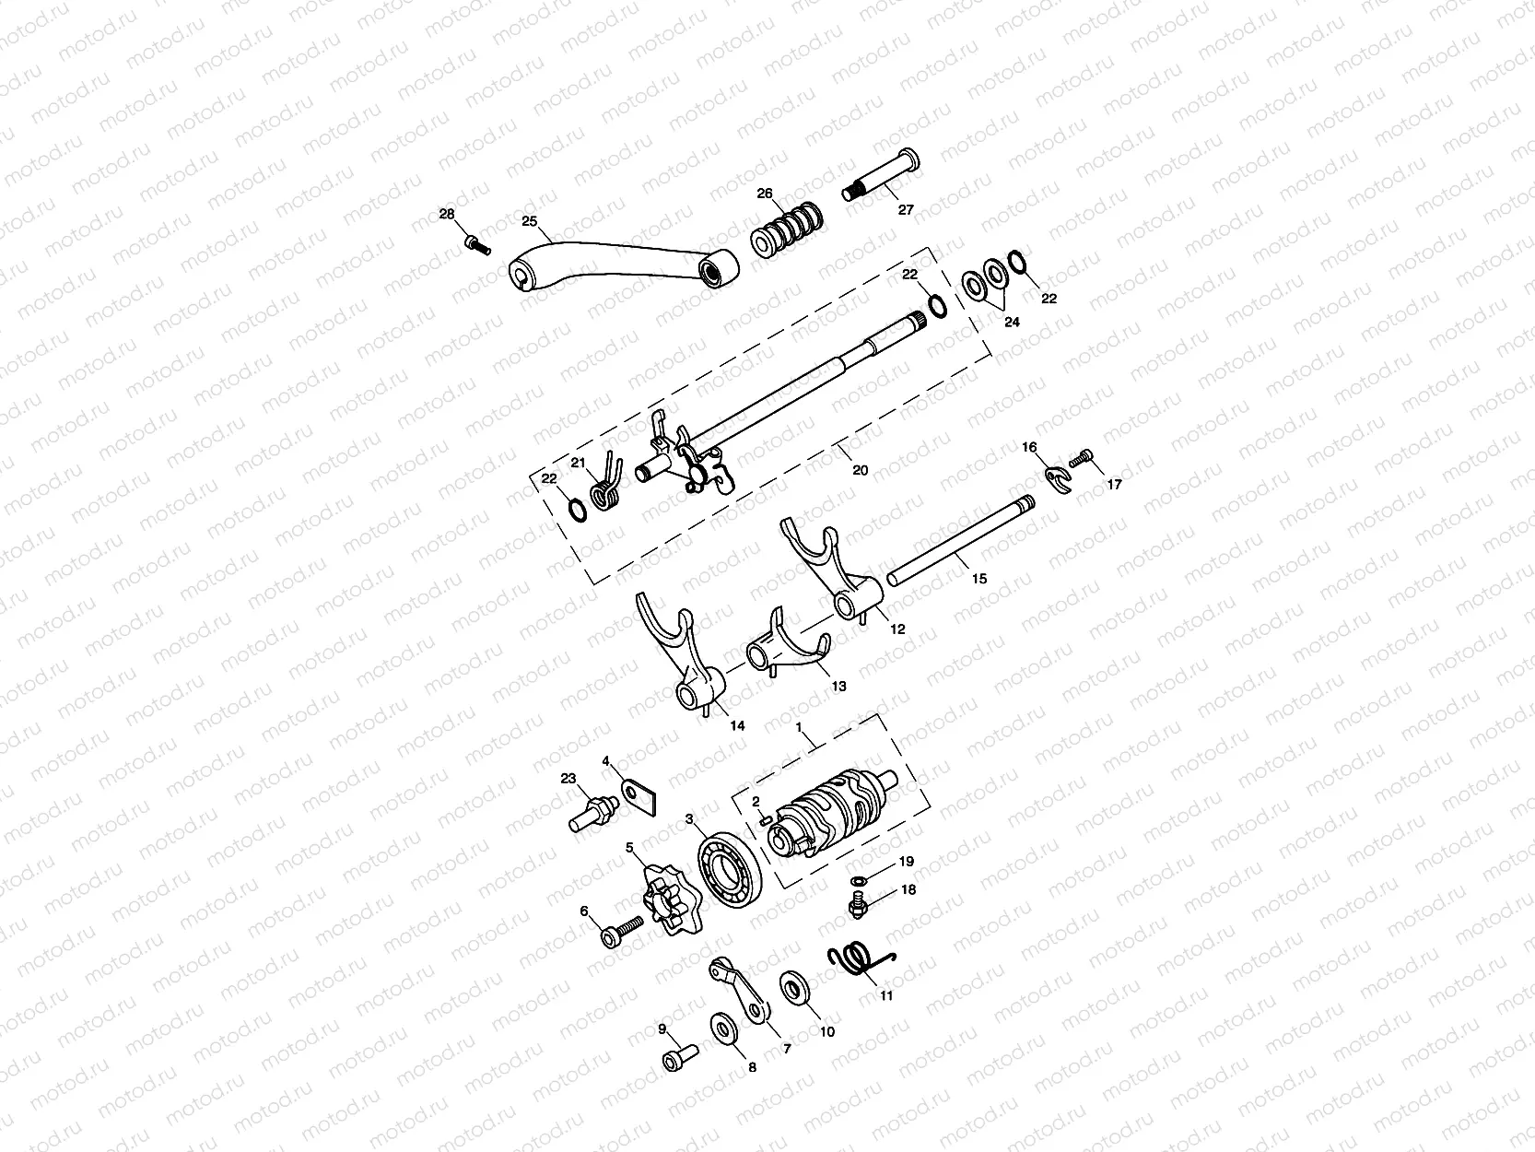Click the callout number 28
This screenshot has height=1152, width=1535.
coord(447,214)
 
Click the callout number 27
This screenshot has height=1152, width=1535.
coord(906,209)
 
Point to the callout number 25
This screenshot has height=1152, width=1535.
coord(529,220)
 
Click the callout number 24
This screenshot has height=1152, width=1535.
coord(1013,323)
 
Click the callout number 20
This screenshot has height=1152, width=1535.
coord(860,470)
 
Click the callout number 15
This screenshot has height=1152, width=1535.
coord(979,579)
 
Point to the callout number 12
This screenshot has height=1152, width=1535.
coord(897,629)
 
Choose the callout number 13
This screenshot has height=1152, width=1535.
coord(838,687)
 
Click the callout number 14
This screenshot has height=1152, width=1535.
coord(737,725)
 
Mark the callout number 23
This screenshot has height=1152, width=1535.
coord(568,779)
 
